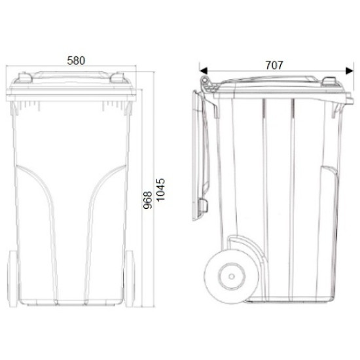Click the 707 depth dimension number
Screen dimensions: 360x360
(274, 65)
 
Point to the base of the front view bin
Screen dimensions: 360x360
(73, 303)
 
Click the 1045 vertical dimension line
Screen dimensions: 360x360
(155, 131)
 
